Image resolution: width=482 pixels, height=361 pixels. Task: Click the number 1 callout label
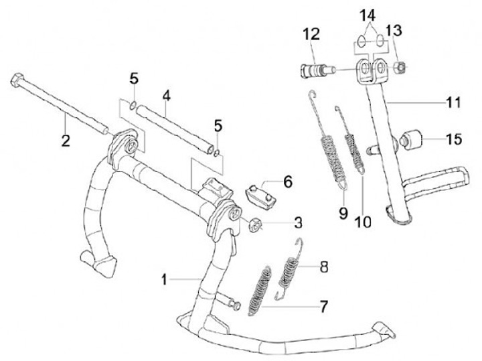click(163, 277)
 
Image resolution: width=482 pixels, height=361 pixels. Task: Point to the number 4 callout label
click(166, 96)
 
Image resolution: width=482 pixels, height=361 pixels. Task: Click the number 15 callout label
click(453, 139)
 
